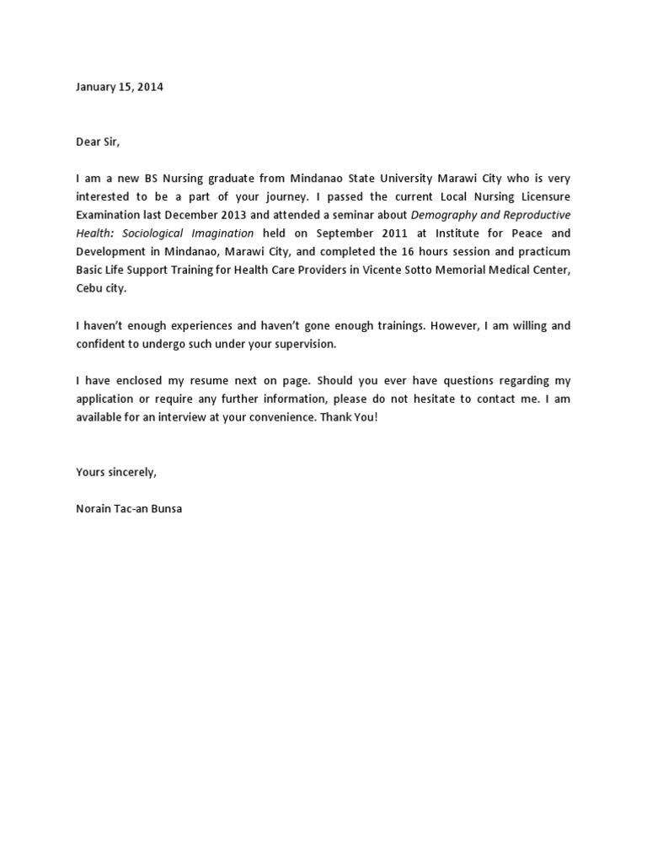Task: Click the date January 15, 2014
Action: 120,87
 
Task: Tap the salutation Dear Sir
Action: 98,142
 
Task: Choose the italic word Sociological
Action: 152,233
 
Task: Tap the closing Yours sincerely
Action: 116,472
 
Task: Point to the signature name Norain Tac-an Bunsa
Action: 128,509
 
